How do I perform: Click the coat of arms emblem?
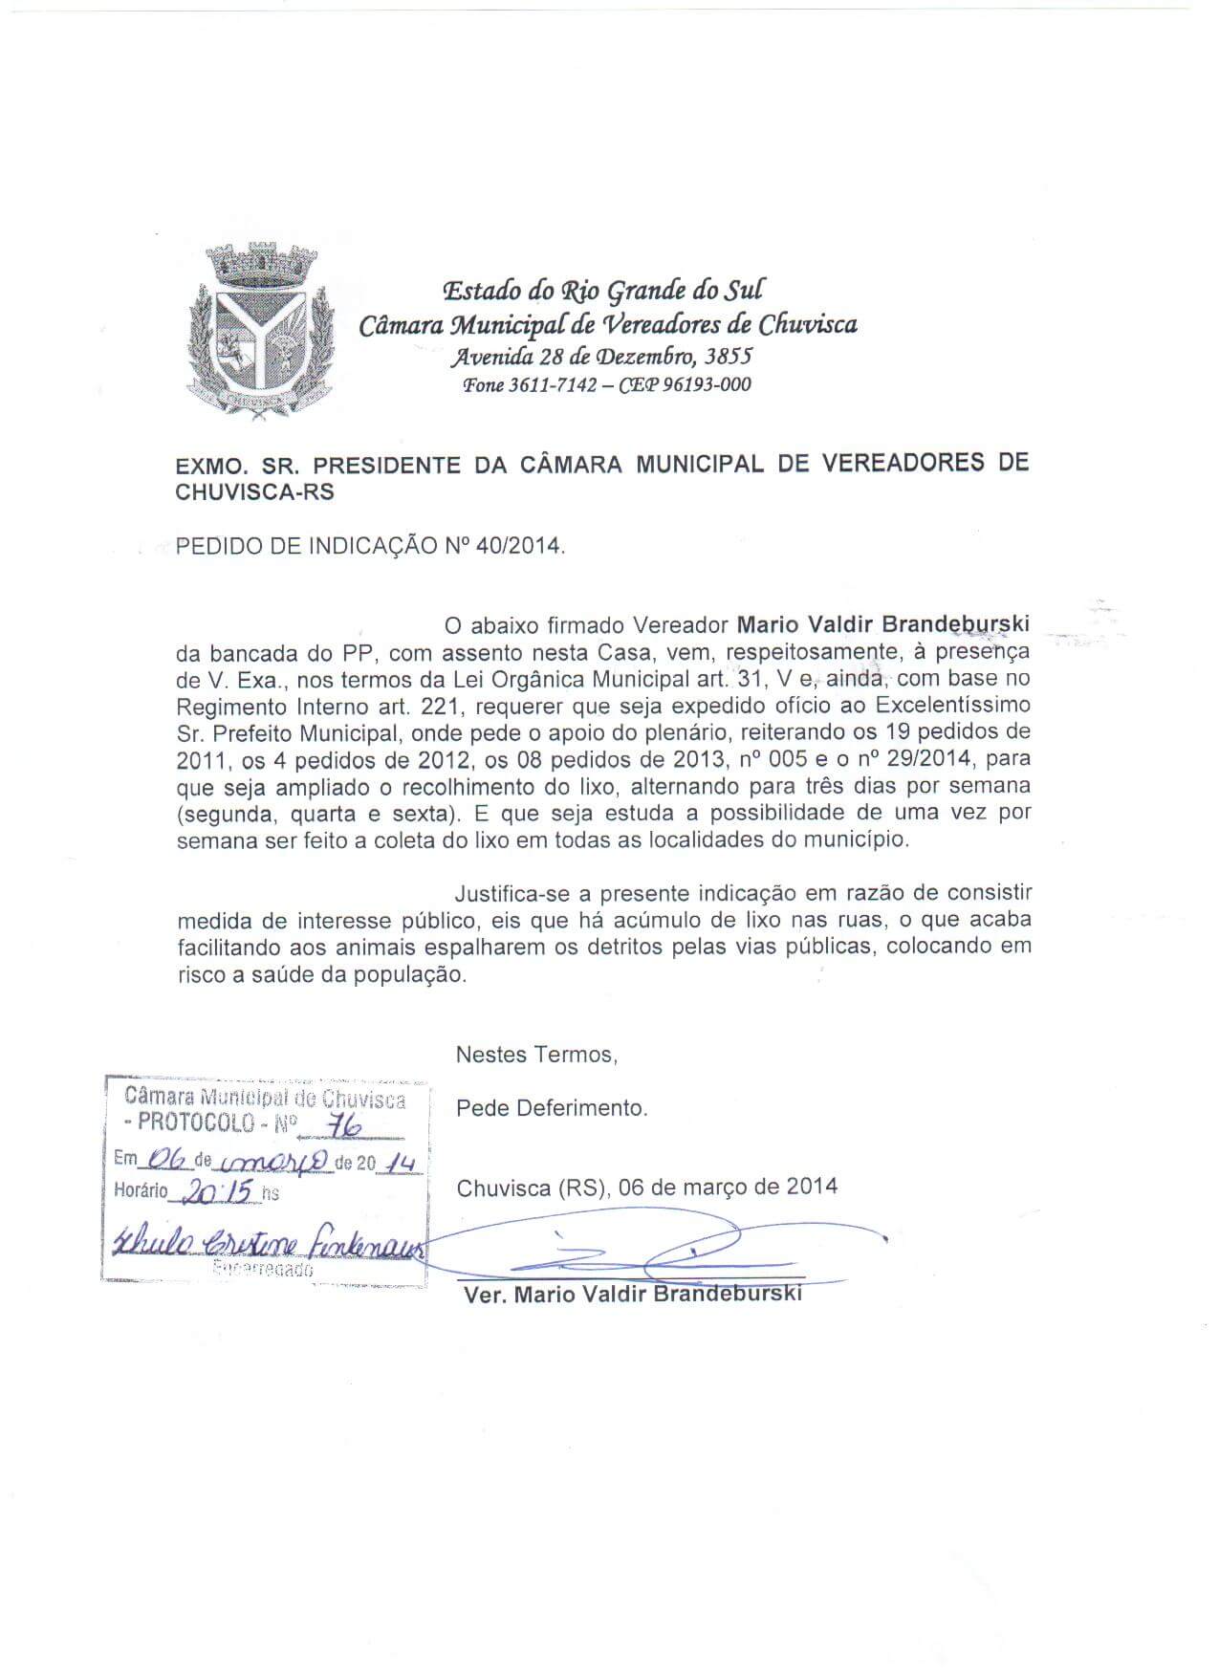(261, 327)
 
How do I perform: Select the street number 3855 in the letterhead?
(728, 358)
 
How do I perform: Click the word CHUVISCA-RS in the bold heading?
(256, 491)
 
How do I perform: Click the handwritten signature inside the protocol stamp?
(266, 1247)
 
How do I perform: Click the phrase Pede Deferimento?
(552, 1108)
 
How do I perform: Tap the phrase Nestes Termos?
(536, 1055)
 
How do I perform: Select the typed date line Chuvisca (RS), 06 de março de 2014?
(646, 1187)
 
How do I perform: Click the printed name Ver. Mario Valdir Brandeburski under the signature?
(632, 1296)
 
